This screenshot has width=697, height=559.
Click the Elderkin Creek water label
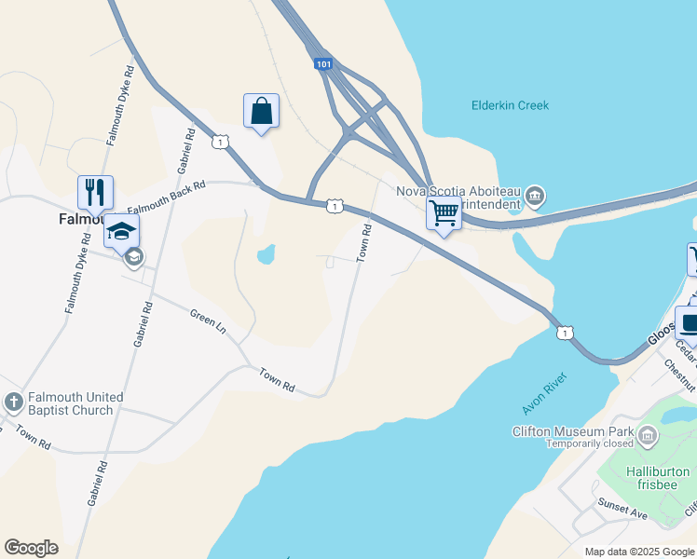510,105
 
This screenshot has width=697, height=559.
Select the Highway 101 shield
322,64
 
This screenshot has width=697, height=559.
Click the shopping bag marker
262,111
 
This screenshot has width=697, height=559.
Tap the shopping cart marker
444,213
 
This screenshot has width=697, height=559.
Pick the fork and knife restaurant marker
95,193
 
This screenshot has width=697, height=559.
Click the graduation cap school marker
121,231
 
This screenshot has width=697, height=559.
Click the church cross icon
13,402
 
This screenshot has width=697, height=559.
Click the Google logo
31,548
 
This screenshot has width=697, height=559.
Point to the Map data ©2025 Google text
639,552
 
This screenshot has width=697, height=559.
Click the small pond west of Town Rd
266,253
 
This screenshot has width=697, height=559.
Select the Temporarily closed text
590,443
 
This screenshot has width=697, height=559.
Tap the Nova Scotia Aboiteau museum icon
535,196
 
